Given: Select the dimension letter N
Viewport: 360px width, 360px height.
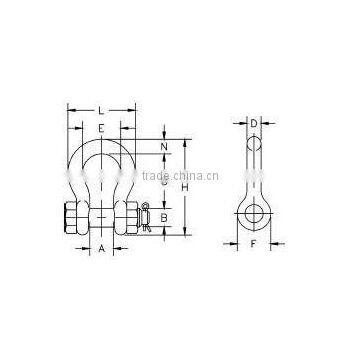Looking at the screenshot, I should [165, 149].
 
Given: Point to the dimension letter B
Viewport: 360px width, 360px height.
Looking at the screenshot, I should [165, 215].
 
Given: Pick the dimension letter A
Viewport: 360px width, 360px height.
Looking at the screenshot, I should [102, 249].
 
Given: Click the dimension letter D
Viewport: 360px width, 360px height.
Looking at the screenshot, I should [254, 124].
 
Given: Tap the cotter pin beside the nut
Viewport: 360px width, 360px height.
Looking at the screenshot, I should [146, 215].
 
